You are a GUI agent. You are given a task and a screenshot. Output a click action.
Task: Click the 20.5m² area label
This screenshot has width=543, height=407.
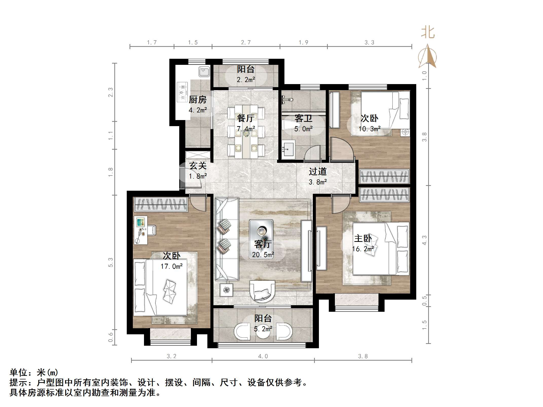[263, 255]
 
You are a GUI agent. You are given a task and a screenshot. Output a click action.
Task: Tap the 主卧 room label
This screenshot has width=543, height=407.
[363, 238]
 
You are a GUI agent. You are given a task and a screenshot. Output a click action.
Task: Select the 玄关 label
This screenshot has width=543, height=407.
[198, 166]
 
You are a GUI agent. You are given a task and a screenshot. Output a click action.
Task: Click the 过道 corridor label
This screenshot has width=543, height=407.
[318, 171]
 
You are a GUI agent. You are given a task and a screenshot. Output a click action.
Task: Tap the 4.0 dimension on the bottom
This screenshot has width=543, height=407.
[263, 356]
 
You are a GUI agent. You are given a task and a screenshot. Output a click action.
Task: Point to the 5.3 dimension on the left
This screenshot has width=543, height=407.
[111, 262]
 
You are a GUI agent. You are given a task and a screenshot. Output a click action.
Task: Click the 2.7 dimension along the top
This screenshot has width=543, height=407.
[246, 43]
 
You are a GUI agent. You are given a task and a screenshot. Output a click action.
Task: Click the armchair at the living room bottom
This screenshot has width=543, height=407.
[262, 291]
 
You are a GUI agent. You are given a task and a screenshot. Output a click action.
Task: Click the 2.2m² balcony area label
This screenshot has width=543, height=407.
[246, 80]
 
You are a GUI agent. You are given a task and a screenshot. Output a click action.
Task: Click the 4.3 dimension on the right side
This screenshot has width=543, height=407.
[424, 240]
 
